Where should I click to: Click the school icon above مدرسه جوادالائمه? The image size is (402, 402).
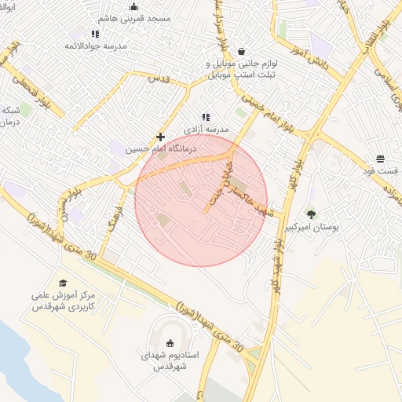(x=95, y=34)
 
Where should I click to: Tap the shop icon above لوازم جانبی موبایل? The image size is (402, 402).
(x=238, y=52)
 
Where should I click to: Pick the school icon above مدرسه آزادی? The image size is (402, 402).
(x=206, y=117)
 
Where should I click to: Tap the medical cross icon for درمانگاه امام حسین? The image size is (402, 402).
(x=161, y=137)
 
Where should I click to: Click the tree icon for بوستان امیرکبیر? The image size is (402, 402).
(x=311, y=214)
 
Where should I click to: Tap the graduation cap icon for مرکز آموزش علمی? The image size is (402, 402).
(x=63, y=283)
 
